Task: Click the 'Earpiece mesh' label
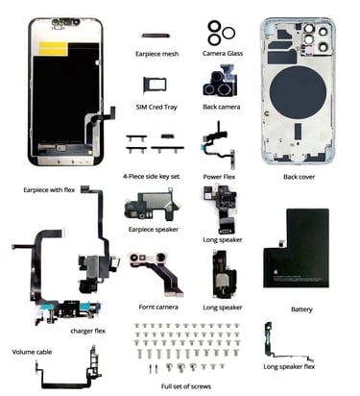click(156, 54)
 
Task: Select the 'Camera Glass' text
click(223, 54)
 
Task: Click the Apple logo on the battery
click(275, 272)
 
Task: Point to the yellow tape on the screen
click(54, 48)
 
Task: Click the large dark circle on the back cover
click(298, 92)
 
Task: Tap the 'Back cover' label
click(299, 177)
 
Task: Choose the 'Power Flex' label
click(219, 177)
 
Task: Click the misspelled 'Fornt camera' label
click(158, 307)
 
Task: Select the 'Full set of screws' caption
click(186, 386)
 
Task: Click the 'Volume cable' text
click(32, 352)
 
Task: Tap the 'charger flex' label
click(87, 331)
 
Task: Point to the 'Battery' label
click(301, 309)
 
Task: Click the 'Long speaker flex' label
click(289, 366)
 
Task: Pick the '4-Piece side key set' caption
click(152, 177)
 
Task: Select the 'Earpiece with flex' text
click(49, 190)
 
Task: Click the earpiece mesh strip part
click(156, 36)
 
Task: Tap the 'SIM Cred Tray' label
click(156, 107)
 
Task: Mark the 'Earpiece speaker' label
click(154, 230)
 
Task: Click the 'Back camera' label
click(222, 107)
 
